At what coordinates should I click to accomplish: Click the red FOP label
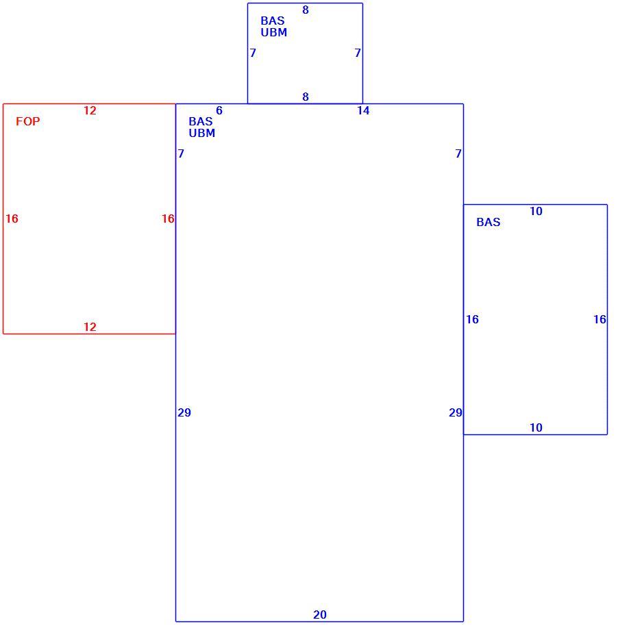point(28,121)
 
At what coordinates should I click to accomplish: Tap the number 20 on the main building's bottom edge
point(320,615)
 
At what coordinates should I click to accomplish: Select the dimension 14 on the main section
point(363,110)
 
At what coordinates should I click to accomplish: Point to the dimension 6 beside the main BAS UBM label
point(219,110)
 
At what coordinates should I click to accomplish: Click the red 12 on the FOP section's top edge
point(90,110)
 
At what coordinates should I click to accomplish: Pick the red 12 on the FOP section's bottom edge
point(90,327)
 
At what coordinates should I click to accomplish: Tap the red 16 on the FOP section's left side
point(12,219)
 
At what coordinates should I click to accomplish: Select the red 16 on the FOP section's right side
point(168,219)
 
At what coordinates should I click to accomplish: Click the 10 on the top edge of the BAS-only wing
point(536,211)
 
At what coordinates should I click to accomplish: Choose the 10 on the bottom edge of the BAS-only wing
point(536,428)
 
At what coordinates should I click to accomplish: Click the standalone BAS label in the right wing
point(488,222)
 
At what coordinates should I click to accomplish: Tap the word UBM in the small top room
point(274,32)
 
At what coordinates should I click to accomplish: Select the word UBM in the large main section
point(202,133)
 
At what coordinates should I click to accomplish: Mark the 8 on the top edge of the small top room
point(306,10)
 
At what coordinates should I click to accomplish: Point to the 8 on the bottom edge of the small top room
point(306,97)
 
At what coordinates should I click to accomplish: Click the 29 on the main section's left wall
point(184,412)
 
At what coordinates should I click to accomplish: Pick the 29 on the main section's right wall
point(456,412)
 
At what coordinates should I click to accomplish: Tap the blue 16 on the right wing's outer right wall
point(599,319)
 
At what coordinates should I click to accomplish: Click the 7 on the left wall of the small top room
point(253,53)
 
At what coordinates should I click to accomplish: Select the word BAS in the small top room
point(273,21)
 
